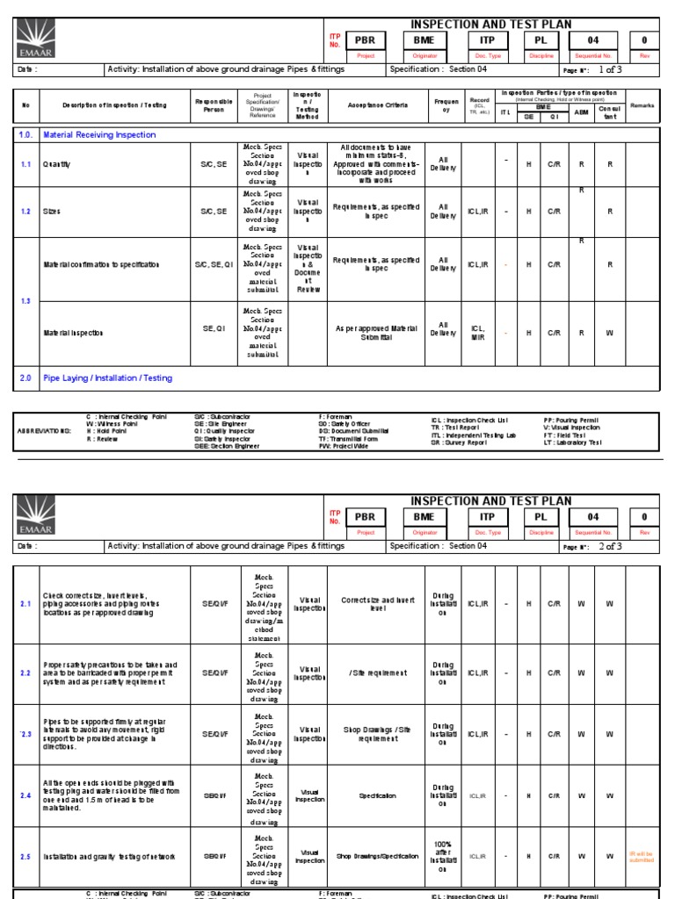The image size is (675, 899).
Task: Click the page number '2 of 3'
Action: point(610,546)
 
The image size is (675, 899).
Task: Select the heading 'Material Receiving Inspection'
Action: point(99,135)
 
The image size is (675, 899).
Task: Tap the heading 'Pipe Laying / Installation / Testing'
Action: point(107,378)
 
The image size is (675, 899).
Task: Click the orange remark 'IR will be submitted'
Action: point(642,856)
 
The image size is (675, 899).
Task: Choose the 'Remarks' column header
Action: point(642,104)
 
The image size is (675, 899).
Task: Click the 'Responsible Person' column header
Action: point(214,104)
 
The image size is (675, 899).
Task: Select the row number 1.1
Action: point(25,163)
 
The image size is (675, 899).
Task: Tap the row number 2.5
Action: point(25,856)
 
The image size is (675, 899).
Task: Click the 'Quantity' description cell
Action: point(58,163)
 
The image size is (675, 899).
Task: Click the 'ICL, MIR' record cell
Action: point(478,333)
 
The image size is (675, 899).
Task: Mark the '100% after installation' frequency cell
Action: point(443,856)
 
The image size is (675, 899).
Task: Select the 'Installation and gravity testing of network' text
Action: point(109,856)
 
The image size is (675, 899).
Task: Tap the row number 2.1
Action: point(25,606)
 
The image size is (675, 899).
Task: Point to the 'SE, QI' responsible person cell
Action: point(214,328)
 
